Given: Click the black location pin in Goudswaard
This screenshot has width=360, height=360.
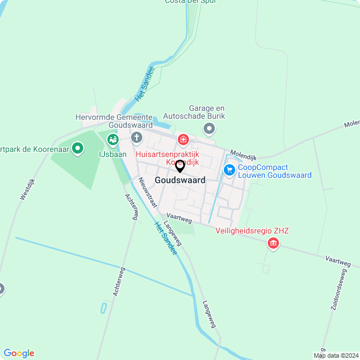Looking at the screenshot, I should click(180, 166).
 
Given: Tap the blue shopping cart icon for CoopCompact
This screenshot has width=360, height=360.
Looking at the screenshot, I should click(229, 169).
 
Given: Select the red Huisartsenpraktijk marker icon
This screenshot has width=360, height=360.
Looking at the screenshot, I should click(183, 139).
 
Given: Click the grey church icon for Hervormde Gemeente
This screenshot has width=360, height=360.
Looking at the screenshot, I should click(137, 137).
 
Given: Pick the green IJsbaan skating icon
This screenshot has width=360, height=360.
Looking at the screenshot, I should click(112, 138).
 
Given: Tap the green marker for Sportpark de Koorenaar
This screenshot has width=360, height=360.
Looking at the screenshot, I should click(78, 148).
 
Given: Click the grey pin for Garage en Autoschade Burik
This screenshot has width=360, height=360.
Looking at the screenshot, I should click(209, 130).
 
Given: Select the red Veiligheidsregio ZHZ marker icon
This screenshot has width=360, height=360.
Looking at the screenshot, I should click(273, 243).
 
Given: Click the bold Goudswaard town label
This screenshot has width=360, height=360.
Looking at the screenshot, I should click(180, 181).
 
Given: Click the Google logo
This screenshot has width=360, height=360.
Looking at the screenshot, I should click(19, 353).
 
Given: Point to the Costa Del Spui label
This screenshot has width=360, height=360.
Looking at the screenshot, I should click(190, 2).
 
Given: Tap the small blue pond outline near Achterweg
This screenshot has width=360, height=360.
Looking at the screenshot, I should click(103, 308).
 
